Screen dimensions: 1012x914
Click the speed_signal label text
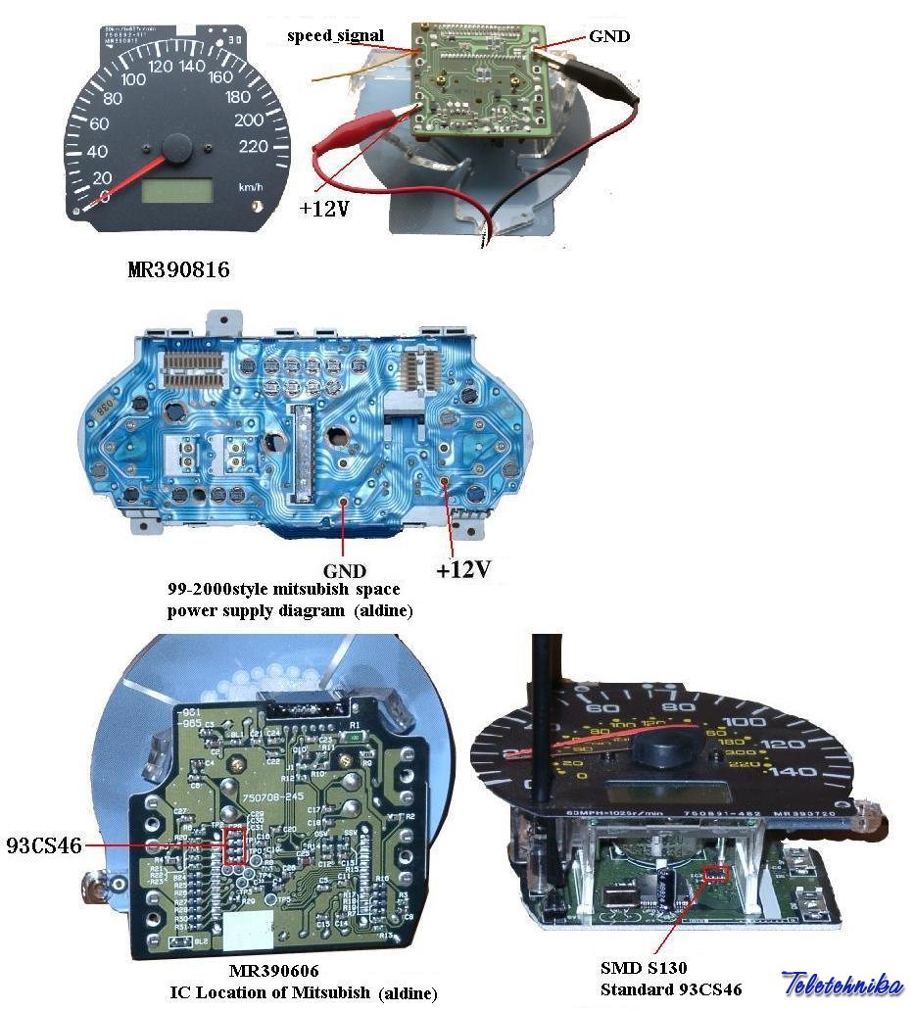pos(335,36)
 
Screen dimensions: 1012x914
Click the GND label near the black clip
pos(609,36)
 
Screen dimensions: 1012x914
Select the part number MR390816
pos(178,269)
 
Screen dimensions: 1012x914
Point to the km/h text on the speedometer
pos(251,186)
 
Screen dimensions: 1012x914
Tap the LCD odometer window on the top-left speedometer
pos(176,190)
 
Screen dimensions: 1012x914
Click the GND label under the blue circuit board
pos(344,570)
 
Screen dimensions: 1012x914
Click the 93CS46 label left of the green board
pos(44,843)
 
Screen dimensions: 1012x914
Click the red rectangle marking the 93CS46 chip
pos(234,844)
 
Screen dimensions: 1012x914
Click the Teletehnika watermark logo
pos(842,984)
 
